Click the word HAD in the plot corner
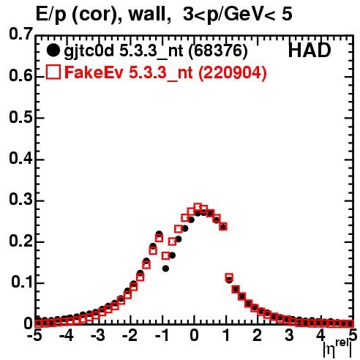pyautogui.click(x=310, y=50)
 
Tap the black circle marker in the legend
pyautogui.click(x=53, y=50)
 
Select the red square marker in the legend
pyautogui.click(x=53, y=72)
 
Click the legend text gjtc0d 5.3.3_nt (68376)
pyautogui.click(x=156, y=51)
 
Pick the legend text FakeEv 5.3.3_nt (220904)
pyautogui.click(x=166, y=72)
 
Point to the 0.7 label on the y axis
pyautogui.click(x=20, y=34)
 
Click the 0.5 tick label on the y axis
pyautogui.click(x=20, y=118)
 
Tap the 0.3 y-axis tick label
pyautogui.click(x=20, y=200)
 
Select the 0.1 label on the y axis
pyautogui.click(x=21, y=282)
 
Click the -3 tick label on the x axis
pyautogui.click(x=97, y=335)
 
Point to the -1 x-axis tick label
pyautogui.click(x=162, y=335)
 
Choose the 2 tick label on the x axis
pyautogui.click(x=258, y=335)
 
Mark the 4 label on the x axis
pyautogui.click(x=320, y=335)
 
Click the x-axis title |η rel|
pyautogui.click(x=337, y=349)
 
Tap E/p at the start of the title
pyautogui.click(x=51, y=15)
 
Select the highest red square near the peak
pyautogui.click(x=198, y=207)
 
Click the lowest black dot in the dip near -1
pyautogui.click(x=166, y=269)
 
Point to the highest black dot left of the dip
pyautogui.click(x=160, y=234)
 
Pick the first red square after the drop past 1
pyautogui.click(x=229, y=277)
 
